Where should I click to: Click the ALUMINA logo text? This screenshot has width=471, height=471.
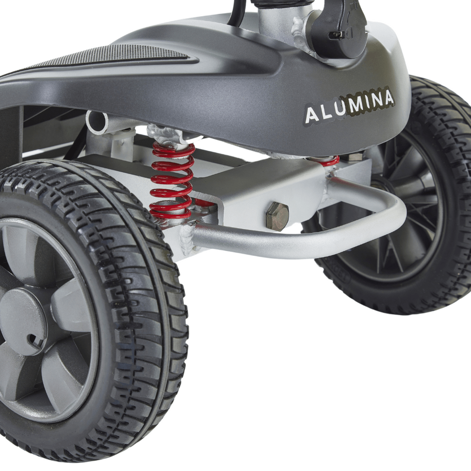(349, 106)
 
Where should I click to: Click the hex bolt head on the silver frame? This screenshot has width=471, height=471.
(277, 216)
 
